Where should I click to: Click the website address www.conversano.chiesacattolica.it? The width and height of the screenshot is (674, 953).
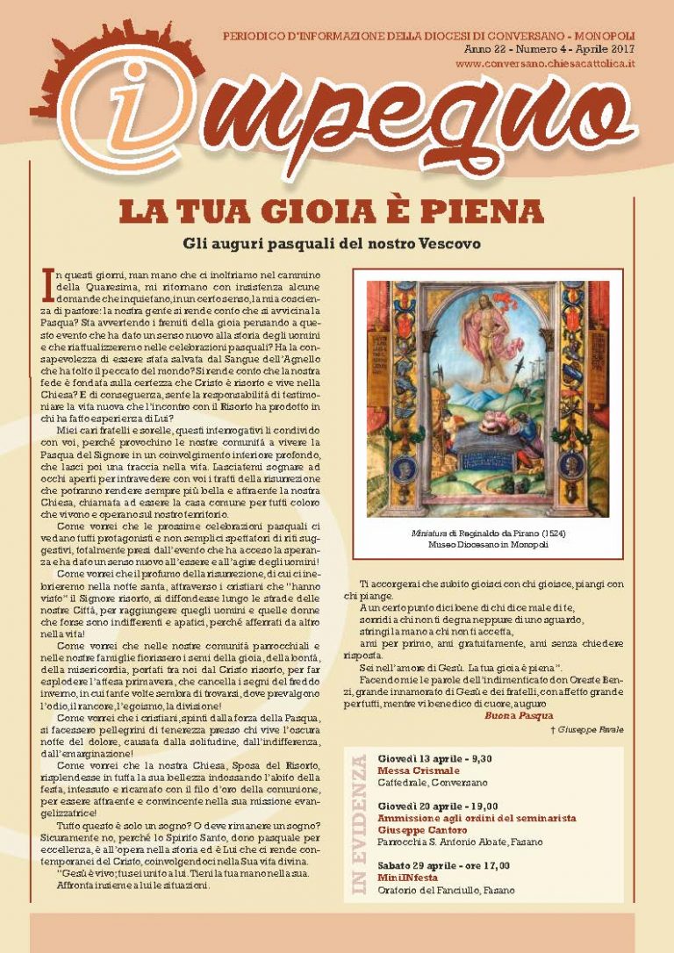coord(545,65)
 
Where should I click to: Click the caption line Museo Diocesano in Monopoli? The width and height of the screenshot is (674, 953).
coord(486,545)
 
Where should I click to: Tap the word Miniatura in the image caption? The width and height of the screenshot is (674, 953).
coord(431,533)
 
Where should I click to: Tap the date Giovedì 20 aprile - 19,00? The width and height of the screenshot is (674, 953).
coord(438,806)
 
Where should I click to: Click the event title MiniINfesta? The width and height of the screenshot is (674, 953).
coord(407,877)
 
